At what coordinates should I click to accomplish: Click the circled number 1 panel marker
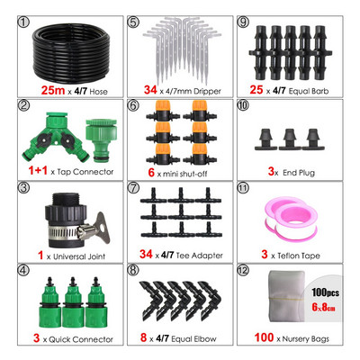tap(24, 22)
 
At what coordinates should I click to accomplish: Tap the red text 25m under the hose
tap(53, 90)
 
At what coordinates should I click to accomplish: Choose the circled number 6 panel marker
tap(134, 105)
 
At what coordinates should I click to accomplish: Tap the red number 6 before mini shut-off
tap(151, 172)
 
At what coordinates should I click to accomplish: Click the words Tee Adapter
tap(199, 256)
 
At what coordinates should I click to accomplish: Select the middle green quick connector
tap(73, 302)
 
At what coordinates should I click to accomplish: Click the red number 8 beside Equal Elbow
tap(144, 337)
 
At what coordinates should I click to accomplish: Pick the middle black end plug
tap(290, 139)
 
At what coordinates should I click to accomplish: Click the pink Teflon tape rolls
tap(291, 219)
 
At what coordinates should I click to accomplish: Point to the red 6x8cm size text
tap(323, 307)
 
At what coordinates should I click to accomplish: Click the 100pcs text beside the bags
tap(325, 292)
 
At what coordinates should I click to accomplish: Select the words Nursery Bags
tap(306, 339)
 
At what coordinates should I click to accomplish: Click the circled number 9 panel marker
tap(243, 22)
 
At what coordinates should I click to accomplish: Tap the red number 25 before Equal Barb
tap(256, 90)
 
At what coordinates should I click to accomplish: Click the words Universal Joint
tap(79, 256)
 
